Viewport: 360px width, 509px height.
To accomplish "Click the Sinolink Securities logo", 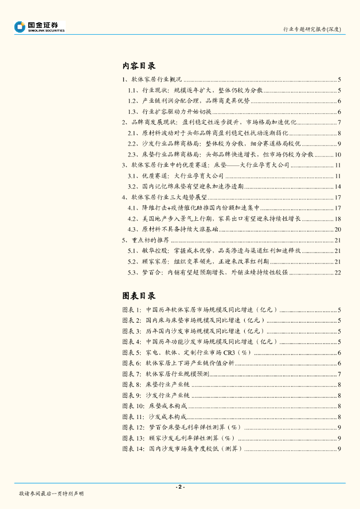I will [40, 27].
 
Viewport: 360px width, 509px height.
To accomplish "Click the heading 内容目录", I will [139, 66].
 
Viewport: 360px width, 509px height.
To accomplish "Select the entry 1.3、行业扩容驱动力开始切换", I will [170, 112].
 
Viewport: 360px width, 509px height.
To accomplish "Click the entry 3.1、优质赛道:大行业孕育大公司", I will [174, 176].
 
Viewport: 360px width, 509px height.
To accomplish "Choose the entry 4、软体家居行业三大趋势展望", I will [165, 197].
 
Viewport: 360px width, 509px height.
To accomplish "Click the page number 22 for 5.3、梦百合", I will [338, 272].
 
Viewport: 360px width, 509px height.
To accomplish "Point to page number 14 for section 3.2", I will [338, 187].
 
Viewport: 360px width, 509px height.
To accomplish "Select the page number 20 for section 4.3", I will [338, 230].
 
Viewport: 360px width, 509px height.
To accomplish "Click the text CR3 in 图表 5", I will [229, 353].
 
